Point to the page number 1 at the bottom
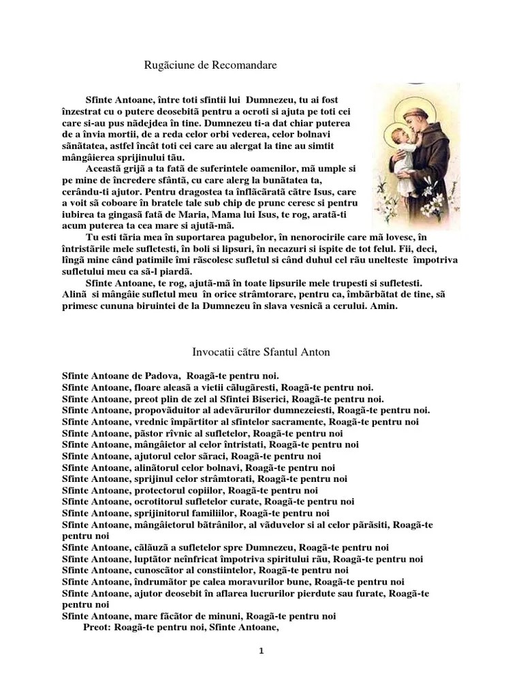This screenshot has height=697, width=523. [x=261, y=650]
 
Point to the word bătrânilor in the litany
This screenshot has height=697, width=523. [x=210, y=525]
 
